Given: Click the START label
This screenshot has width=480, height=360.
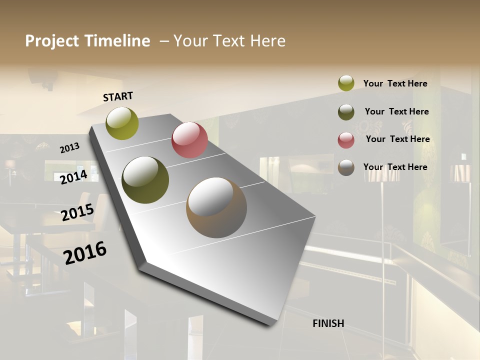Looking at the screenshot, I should (x=118, y=96).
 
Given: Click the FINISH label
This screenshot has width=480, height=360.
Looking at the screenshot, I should (x=328, y=323).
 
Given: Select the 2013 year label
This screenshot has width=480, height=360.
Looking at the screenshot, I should (x=70, y=148).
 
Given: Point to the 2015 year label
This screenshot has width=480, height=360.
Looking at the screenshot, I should (x=77, y=212).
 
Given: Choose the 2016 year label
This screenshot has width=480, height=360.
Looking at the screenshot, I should (x=85, y=252).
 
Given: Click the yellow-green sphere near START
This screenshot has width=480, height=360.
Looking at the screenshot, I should (x=122, y=123).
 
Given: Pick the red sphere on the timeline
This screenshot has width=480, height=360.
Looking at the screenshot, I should (x=189, y=140).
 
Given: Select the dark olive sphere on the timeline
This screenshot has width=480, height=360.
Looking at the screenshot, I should (x=145, y=180).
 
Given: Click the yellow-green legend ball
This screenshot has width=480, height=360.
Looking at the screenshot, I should (x=346, y=83).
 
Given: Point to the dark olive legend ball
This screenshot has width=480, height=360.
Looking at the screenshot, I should (x=346, y=112).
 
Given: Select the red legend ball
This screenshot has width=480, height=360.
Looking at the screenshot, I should (x=346, y=140).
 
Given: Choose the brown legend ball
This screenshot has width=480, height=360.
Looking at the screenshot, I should (x=346, y=167).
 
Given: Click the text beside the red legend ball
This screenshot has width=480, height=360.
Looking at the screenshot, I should (x=397, y=139).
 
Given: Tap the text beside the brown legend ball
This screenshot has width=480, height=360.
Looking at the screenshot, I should (x=395, y=167).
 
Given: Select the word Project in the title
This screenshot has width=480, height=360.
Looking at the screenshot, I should (x=52, y=41).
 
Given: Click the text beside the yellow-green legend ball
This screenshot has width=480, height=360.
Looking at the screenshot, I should (x=395, y=83).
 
